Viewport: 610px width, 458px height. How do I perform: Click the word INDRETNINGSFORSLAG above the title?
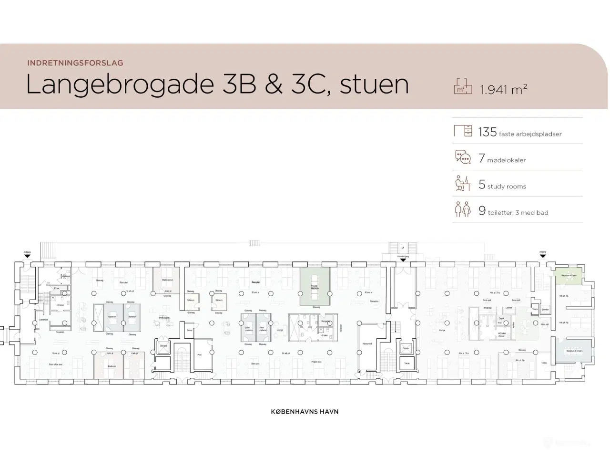pos(75,62)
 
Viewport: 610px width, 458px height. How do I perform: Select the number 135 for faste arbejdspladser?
pos(488,132)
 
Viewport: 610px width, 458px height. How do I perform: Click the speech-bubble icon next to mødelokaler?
pos(463,157)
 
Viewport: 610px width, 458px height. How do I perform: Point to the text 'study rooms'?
pos(507,187)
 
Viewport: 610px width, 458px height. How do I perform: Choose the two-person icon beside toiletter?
pos(463,209)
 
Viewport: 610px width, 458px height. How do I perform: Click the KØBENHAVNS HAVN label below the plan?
pos(305,411)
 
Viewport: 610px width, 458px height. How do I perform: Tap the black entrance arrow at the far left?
pos(27,256)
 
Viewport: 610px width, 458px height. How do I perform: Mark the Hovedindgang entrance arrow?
pos(403,260)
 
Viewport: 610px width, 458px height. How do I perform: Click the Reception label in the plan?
pos(374,301)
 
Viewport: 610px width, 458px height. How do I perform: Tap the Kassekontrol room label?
pos(367,343)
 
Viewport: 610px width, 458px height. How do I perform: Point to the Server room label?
pos(190,330)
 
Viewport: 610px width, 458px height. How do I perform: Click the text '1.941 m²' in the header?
pos(503,89)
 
